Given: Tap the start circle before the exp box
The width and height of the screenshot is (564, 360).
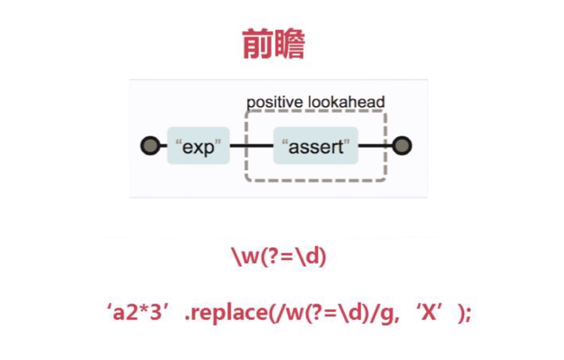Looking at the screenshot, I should pos(150,145).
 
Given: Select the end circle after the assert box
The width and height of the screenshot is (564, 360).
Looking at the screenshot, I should pos(402,145).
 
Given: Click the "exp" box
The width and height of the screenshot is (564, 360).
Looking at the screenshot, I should pos(198,146).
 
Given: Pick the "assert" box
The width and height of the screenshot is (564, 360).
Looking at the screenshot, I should pos(316,146).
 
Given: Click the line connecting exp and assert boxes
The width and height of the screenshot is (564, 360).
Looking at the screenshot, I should pos(251,145).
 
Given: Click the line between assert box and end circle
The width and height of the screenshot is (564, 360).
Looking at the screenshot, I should pos(374,145).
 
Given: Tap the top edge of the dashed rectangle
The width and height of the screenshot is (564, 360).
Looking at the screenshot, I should pos(315,112).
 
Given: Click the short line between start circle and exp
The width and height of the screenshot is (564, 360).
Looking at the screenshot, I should pos(162,145).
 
